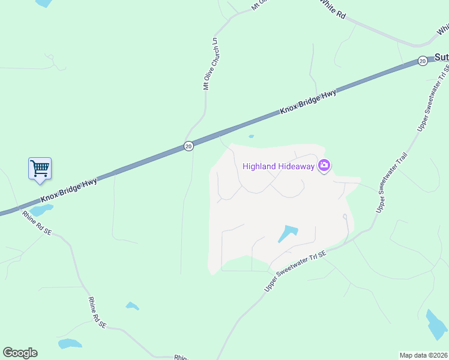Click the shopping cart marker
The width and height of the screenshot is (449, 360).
[x=40, y=168]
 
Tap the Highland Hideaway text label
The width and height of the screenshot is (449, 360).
[x=279, y=166]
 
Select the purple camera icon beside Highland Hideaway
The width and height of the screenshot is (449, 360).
[x=324, y=166]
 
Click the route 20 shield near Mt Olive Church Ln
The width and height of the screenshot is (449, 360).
[x=188, y=146]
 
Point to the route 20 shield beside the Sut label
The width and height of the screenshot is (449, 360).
[x=423, y=61]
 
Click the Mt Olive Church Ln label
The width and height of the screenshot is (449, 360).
[x=209, y=64]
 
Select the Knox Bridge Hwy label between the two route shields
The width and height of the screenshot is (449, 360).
[x=307, y=102]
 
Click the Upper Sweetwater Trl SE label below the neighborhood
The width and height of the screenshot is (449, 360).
[x=295, y=272]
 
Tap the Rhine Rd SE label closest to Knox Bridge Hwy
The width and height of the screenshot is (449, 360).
[x=37, y=223]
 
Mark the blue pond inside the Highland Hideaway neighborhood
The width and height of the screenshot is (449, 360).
[x=288, y=234]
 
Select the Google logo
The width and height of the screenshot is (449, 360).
[x=20, y=353]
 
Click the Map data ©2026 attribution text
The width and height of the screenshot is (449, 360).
[x=423, y=355]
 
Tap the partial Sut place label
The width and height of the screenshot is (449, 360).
[x=441, y=58]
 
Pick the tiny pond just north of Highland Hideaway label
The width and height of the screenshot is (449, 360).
[x=251, y=136]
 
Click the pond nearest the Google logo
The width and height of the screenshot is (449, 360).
[x=70, y=344]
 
